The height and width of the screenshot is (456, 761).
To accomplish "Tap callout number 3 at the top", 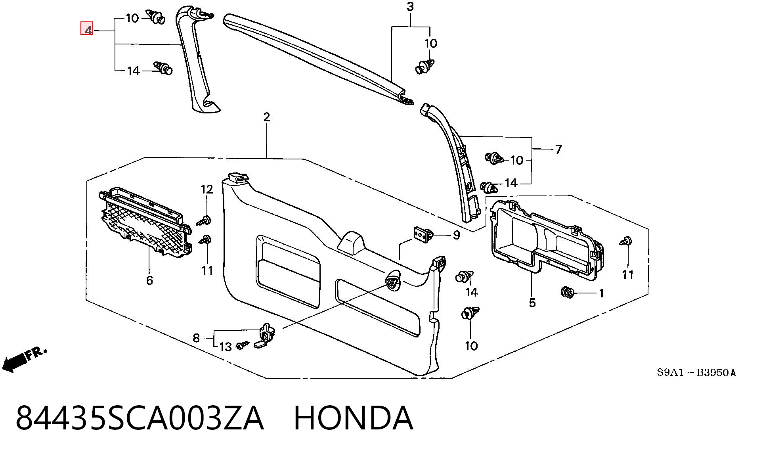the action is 410,7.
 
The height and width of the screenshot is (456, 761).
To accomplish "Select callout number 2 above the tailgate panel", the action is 267,117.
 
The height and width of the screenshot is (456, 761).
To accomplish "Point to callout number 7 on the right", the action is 558,149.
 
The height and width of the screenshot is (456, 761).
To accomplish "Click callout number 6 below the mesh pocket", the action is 149,280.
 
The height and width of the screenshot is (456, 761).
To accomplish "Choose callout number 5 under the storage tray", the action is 532,303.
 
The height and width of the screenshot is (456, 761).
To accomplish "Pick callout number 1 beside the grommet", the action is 601,293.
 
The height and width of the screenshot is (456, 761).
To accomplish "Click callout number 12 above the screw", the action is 207,190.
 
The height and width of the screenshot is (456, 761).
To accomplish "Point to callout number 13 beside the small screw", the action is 226,347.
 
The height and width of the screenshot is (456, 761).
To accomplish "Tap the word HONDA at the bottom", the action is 354,418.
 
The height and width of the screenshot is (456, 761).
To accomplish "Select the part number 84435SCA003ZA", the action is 140,418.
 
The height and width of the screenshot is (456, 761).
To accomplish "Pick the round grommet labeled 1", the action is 567,292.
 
